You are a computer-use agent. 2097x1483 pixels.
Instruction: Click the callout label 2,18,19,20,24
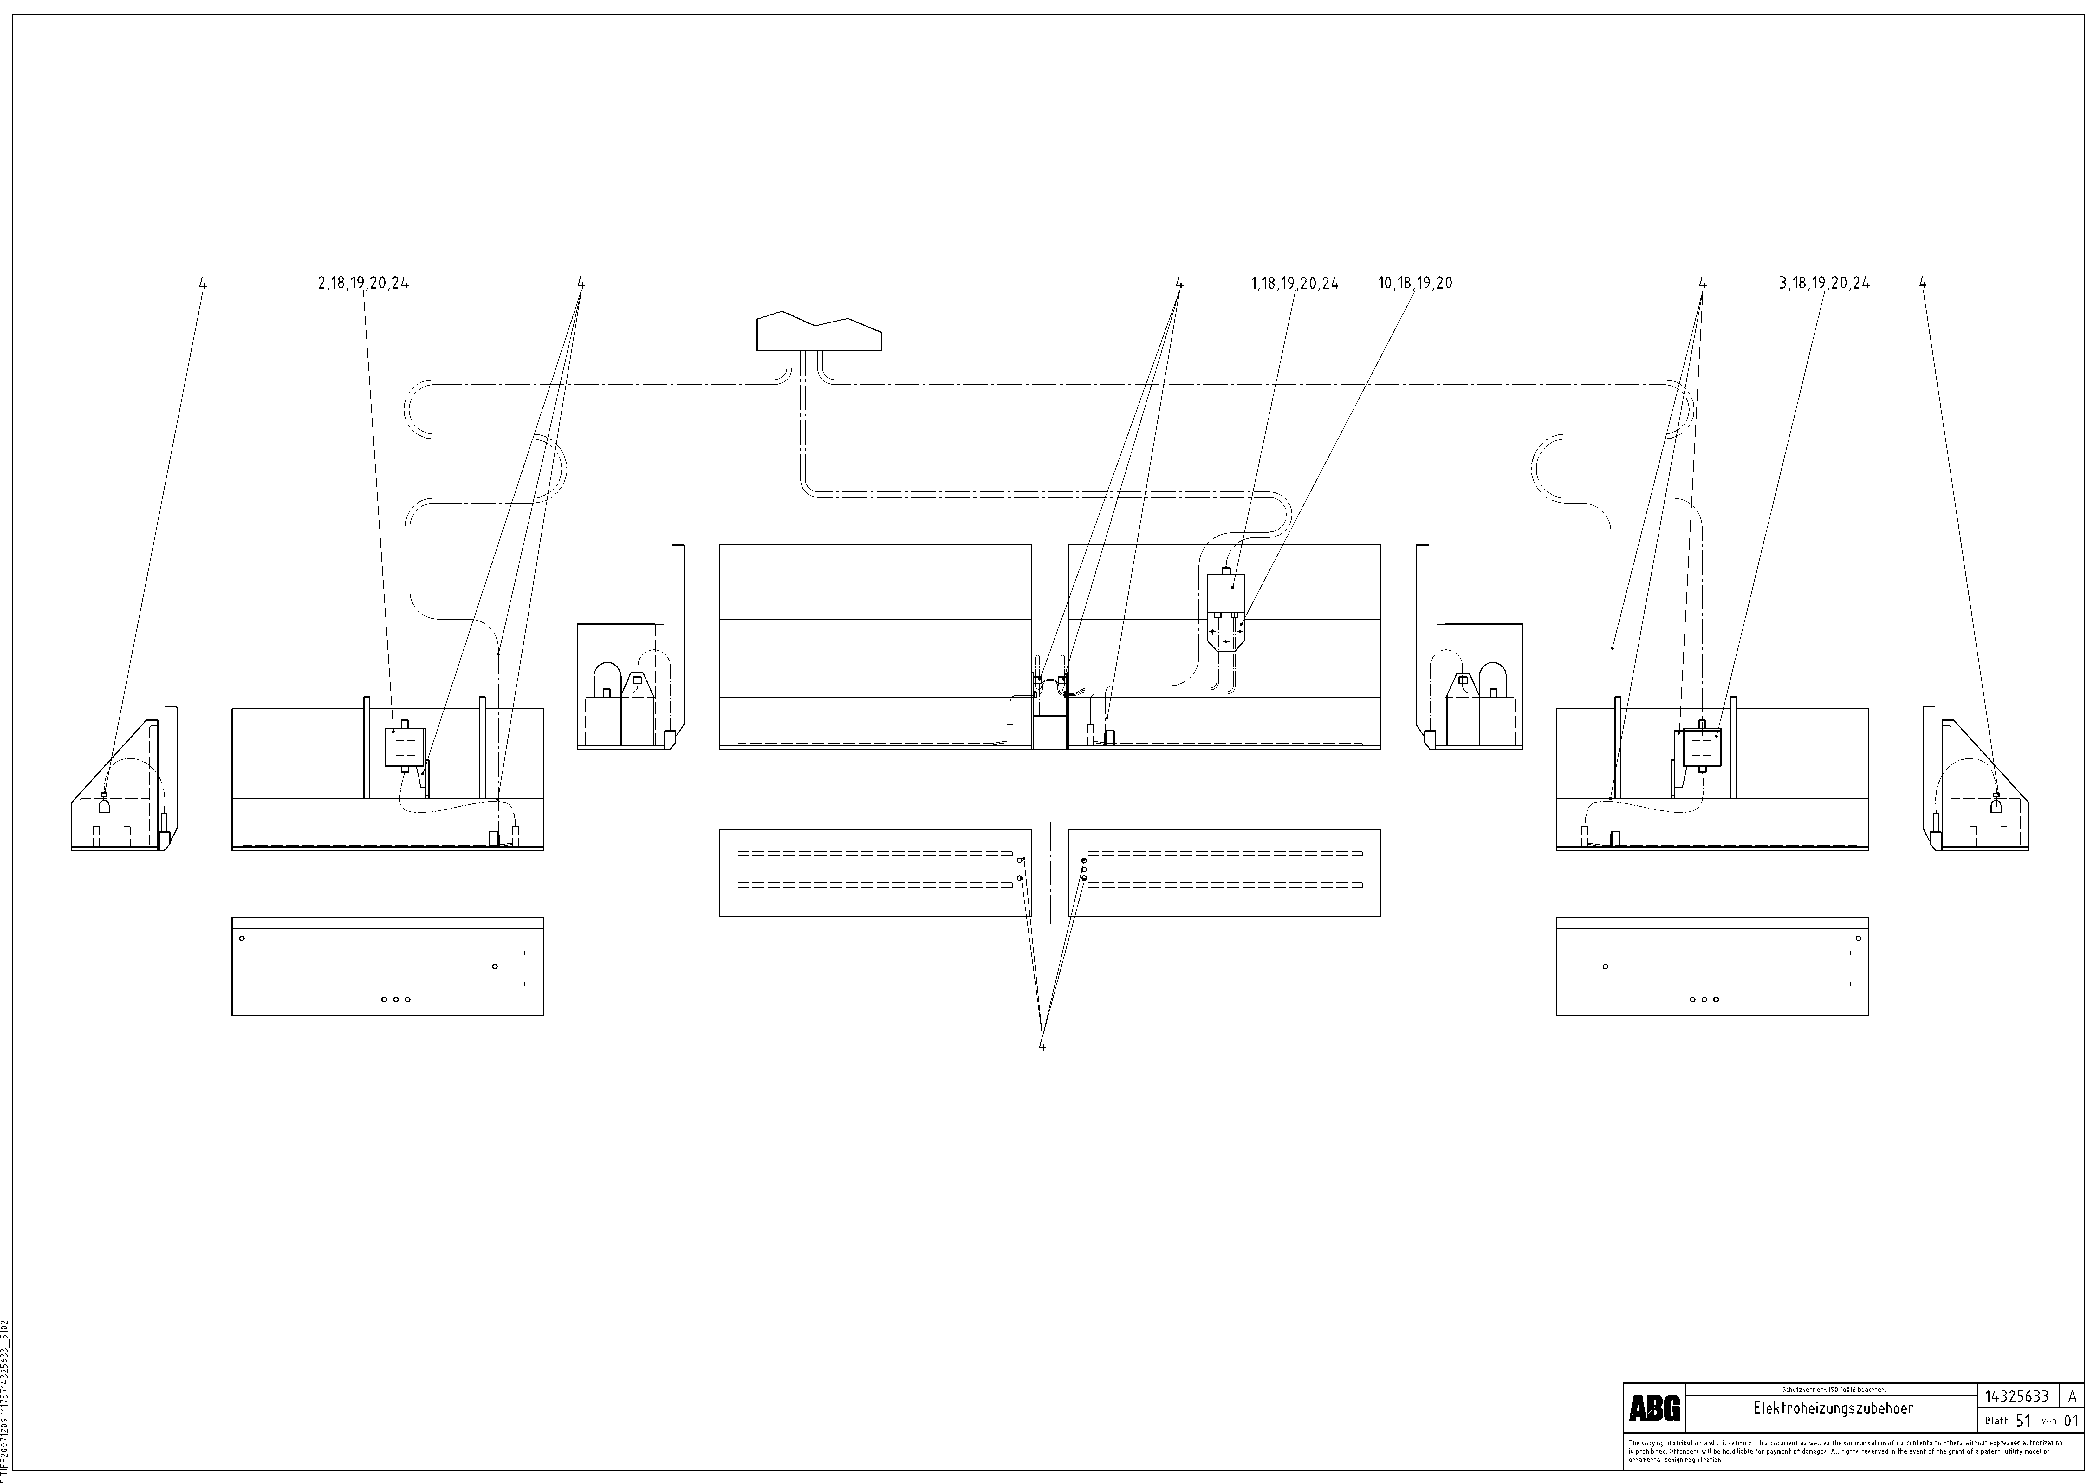point(364,283)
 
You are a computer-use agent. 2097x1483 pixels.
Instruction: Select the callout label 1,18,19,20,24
point(1294,283)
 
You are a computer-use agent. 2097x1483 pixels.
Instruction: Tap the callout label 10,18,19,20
point(1415,283)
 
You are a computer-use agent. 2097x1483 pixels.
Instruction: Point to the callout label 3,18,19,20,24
point(1824,283)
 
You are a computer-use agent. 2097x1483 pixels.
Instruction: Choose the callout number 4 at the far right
point(1924,283)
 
